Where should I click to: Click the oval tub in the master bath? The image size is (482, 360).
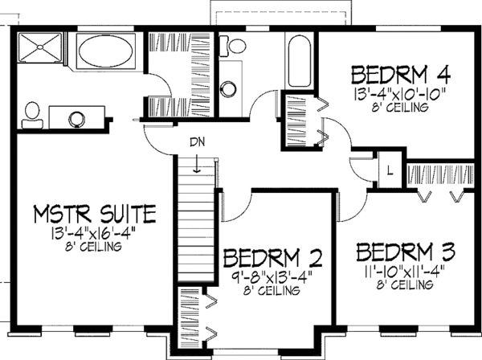click(108, 54)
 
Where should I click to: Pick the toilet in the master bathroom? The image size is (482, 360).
click(32, 112)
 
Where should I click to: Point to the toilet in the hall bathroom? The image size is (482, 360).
click(236, 49)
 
